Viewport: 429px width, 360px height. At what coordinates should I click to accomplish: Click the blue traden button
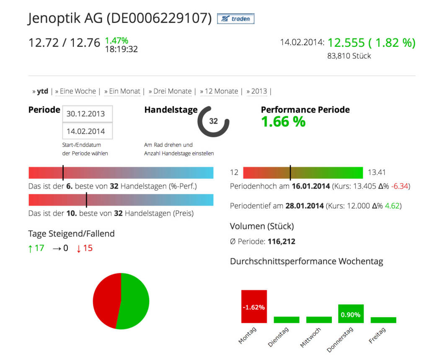235,19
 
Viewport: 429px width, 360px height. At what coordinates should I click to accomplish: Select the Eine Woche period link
78,91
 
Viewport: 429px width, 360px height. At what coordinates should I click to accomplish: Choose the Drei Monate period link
172,91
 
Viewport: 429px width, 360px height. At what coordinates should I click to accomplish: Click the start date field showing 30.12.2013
87,114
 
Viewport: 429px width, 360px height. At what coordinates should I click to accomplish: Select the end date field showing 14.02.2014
87,131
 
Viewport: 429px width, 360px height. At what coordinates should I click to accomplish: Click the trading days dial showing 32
213,121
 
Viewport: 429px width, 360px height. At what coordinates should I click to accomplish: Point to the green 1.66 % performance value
283,122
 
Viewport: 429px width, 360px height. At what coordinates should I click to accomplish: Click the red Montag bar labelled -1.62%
254,306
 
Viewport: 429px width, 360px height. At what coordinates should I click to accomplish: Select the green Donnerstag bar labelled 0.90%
351,314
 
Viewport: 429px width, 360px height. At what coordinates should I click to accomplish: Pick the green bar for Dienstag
287,320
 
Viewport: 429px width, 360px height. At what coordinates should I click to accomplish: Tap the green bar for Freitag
383,320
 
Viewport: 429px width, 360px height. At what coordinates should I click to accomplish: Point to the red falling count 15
87,248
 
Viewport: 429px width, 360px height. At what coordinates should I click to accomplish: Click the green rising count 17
39,248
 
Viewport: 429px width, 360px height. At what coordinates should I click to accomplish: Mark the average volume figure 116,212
281,242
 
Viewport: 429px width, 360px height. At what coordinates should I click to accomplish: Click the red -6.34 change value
400,186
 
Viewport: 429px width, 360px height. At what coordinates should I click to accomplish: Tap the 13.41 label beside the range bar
377,172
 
